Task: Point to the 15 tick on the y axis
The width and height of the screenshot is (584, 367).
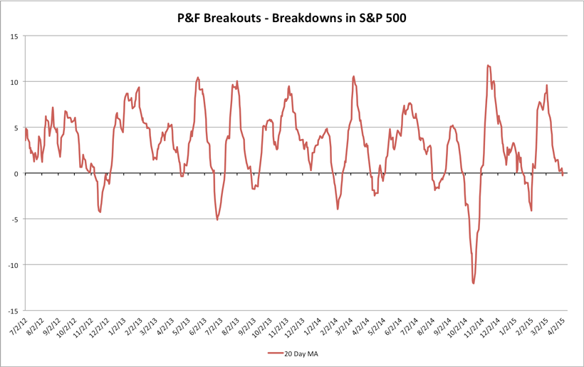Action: coord(14,36)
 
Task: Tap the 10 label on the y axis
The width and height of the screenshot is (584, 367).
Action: coord(14,82)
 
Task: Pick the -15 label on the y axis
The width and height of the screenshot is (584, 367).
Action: coord(12,311)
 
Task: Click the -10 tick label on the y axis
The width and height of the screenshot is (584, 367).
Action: coord(12,265)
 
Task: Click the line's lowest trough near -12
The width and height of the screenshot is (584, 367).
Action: coord(474,283)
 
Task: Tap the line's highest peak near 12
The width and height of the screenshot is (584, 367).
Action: coord(488,66)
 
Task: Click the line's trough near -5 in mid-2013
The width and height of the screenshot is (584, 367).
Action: coord(217,219)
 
